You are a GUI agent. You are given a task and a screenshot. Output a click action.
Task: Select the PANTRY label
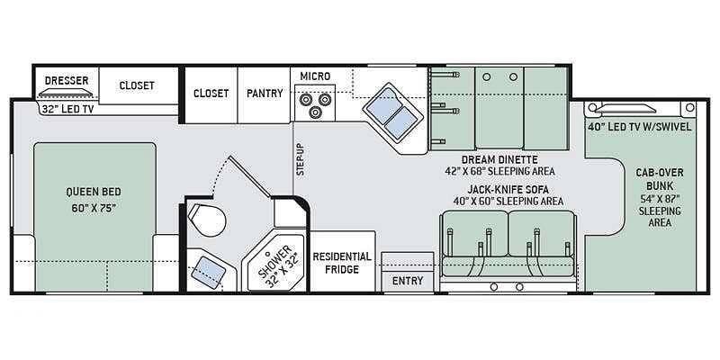[265, 93]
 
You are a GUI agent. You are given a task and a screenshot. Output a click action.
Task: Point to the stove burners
[315, 106]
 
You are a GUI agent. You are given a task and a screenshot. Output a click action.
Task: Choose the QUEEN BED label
[94, 193]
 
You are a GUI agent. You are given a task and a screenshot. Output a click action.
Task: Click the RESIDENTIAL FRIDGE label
[342, 263]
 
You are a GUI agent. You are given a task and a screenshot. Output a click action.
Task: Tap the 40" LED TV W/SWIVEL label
[639, 126]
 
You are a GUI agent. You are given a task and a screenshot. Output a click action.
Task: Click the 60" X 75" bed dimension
[93, 208]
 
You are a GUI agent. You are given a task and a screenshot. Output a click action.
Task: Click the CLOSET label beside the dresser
[138, 85]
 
